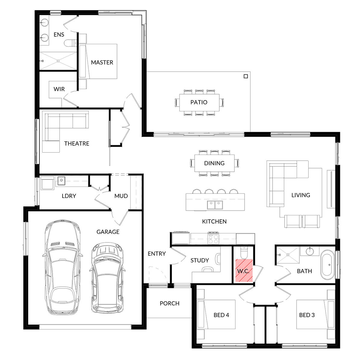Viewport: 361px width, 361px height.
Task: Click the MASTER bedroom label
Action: point(102,62)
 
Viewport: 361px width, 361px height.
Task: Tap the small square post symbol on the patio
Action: point(246,76)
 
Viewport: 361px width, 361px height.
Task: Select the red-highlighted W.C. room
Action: point(243,270)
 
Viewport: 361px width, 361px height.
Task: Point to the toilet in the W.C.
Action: point(244,253)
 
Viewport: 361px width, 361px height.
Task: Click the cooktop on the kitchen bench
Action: point(213,239)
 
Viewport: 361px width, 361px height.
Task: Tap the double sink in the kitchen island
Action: point(215,205)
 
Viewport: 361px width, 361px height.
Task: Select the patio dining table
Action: point(199,102)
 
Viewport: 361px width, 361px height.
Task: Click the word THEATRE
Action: point(77,143)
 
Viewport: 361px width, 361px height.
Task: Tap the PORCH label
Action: point(169,304)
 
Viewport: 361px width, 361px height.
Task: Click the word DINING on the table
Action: point(214,163)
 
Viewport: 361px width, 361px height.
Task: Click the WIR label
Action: point(59,89)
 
